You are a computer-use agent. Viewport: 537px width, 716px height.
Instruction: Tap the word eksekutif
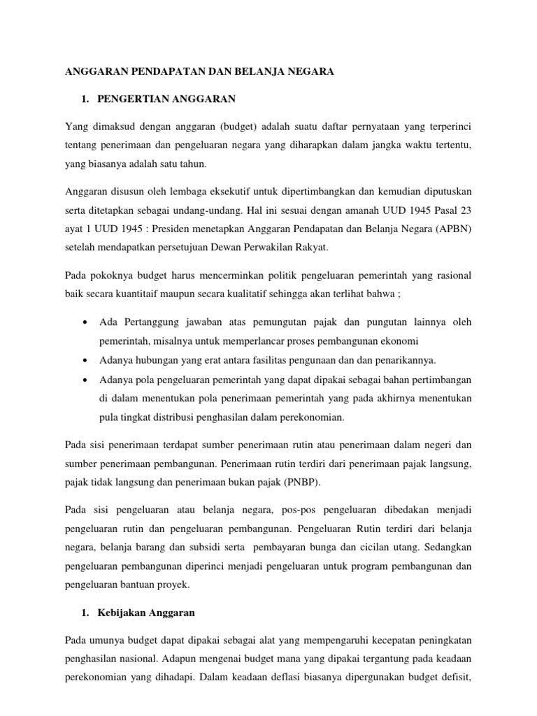click(224, 191)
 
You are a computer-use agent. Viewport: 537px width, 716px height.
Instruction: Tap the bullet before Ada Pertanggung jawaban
click(84, 322)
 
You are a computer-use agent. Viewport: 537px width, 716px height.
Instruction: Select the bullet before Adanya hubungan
click(84, 360)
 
